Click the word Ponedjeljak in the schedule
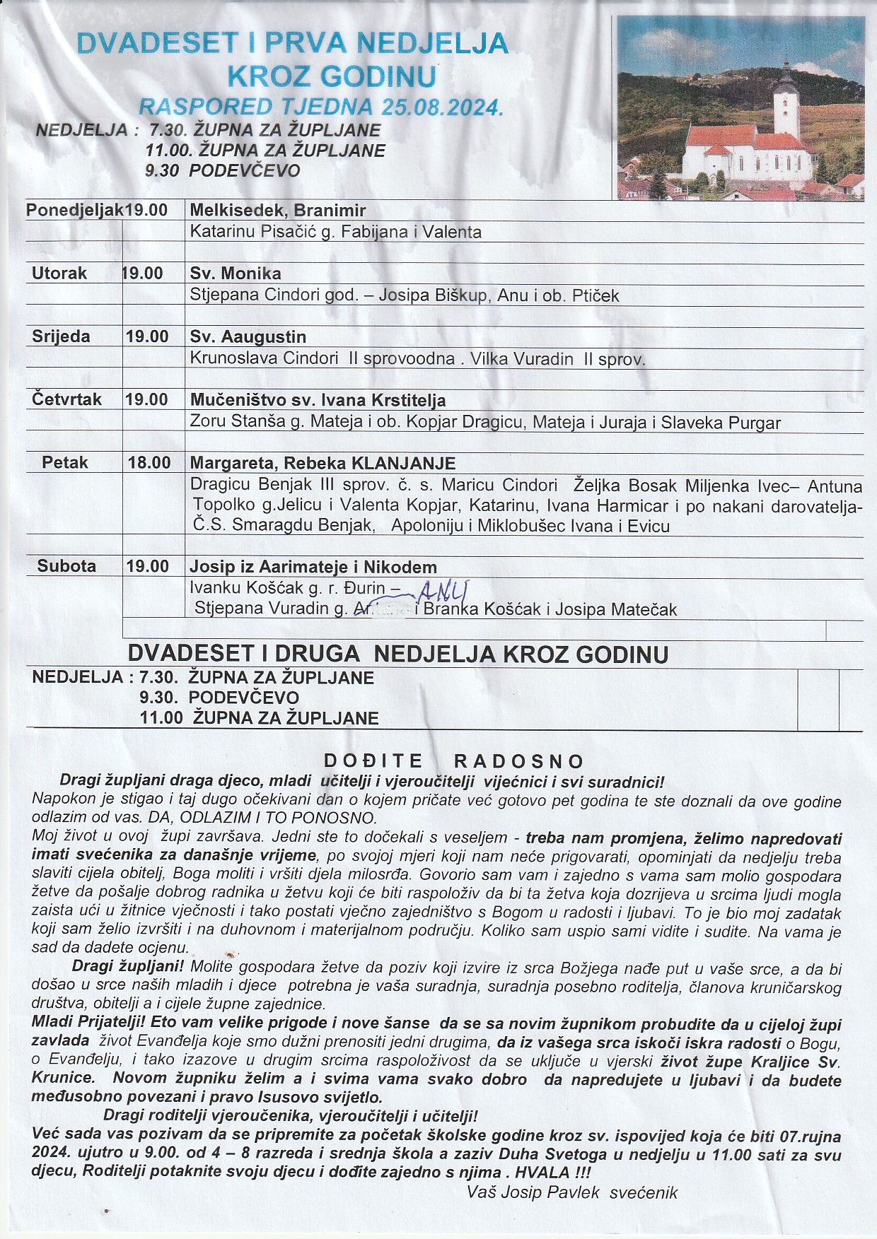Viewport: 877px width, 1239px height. coord(74,211)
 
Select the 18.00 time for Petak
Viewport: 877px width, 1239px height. coord(149,463)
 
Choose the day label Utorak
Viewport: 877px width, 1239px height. coord(59,274)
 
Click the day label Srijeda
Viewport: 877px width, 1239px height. coord(61,336)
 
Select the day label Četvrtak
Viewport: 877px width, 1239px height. coord(66,399)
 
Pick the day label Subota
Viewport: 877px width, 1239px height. coord(66,566)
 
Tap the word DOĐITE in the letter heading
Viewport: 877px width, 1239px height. coord(373,761)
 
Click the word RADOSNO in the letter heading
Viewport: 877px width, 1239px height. coord(519,761)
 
